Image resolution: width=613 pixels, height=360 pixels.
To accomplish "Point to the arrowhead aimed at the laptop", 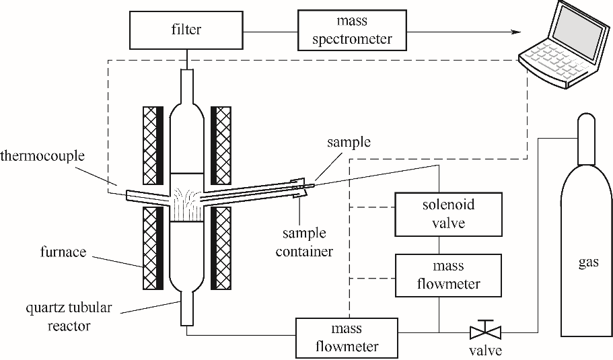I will (x=518, y=32).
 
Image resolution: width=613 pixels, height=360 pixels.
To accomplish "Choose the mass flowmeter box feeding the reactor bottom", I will (x=346, y=338).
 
